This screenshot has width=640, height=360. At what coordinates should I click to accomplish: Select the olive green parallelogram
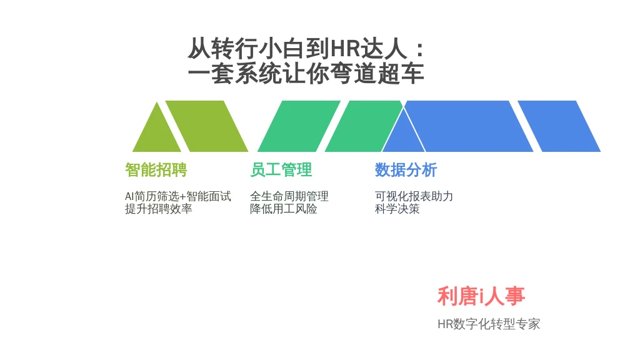click(206, 126)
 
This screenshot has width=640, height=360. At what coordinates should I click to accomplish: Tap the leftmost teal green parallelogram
click(299, 126)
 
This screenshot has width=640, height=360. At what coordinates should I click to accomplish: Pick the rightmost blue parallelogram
click(559, 126)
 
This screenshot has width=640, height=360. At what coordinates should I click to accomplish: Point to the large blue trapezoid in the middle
click(468, 126)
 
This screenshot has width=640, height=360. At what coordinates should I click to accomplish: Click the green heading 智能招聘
click(156, 170)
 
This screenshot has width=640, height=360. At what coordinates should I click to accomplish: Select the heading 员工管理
click(281, 170)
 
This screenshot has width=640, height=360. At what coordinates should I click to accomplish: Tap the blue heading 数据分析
click(406, 170)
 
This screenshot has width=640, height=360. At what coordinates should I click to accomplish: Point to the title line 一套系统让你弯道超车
click(306, 74)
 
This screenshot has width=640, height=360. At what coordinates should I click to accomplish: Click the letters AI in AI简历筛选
click(129, 196)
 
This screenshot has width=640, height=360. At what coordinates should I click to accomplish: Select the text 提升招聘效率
click(158, 209)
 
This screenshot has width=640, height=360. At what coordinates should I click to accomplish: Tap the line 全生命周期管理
click(289, 196)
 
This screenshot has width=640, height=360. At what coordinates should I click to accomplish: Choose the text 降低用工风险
click(284, 209)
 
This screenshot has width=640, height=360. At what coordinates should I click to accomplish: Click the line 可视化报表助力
click(414, 196)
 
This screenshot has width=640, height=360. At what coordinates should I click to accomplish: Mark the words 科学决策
click(397, 209)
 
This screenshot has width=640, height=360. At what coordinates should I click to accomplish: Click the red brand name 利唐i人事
click(481, 296)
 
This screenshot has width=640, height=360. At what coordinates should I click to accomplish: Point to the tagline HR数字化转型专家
click(489, 324)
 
